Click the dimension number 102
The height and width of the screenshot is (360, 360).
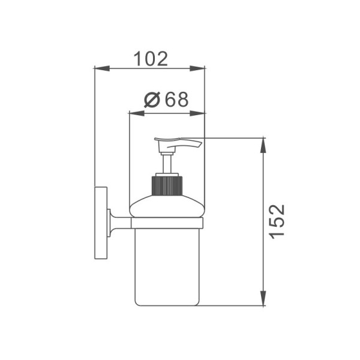tap(151, 59)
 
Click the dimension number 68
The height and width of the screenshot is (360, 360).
tap(177, 100)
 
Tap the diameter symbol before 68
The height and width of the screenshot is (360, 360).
tap(152, 100)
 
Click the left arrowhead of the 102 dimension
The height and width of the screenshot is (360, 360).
tap(102, 68)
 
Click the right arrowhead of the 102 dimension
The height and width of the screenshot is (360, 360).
tap(197, 68)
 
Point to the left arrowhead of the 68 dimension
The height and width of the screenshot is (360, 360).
tap(137, 113)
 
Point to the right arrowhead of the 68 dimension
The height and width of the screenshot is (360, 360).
tap(197, 113)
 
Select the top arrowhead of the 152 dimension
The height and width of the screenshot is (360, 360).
tap(263, 146)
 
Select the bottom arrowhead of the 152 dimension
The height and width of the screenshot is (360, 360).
tap(263, 298)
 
